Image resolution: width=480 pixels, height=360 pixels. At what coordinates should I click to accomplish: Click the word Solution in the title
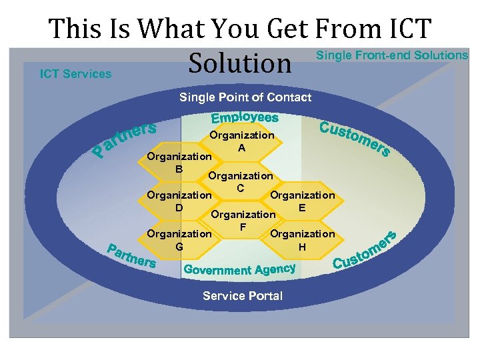click(x=240, y=63)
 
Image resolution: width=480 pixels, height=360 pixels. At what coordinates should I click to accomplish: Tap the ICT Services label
click(x=75, y=74)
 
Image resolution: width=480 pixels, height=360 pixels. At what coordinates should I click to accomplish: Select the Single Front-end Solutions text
click(x=391, y=55)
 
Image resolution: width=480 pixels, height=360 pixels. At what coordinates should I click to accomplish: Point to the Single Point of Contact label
click(x=245, y=97)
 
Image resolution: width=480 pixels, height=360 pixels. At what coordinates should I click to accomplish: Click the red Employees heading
click(x=245, y=118)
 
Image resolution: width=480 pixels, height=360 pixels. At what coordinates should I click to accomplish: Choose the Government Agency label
click(x=239, y=269)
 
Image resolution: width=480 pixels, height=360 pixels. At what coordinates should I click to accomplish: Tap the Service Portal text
click(x=243, y=296)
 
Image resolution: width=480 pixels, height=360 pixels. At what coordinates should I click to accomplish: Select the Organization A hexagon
click(x=242, y=141)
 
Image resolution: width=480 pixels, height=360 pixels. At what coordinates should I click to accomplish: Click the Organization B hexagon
click(x=179, y=163)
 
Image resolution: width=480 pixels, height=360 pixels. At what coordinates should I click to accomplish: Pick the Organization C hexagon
click(x=241, y=182)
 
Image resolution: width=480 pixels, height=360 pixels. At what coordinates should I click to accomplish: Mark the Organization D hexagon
click(x=179, y=201)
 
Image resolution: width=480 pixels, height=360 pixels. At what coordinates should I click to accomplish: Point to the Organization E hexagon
click(x=302, y=201)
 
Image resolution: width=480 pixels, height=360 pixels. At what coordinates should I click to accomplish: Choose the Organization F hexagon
click(x=243, y=221)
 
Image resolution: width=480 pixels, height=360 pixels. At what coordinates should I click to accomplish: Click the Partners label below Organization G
click(x=132, y=257)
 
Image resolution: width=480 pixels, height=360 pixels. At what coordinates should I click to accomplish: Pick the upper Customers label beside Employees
click(x=354, y=139)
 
